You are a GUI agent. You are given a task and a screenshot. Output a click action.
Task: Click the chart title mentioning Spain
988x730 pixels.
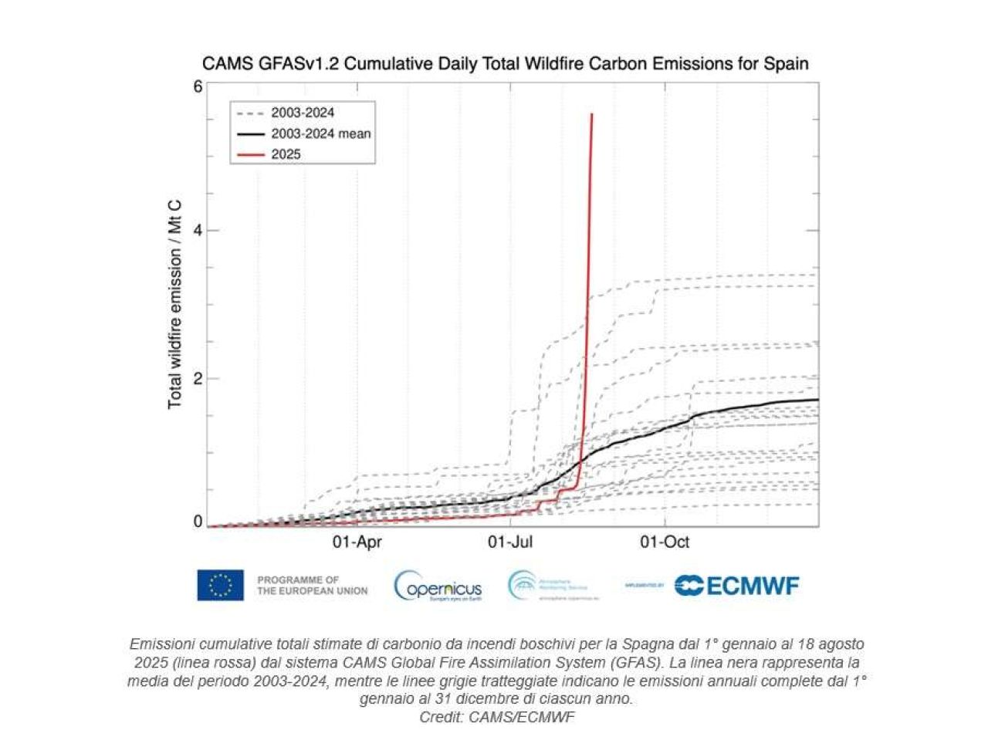pyautogui.click(x=505, y=63)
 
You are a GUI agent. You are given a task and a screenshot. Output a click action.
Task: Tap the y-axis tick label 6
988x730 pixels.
pyautogui.click(x=198, y=86)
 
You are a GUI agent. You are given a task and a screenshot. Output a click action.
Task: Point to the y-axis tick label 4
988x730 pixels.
pyautogui.click(x=198, y=230)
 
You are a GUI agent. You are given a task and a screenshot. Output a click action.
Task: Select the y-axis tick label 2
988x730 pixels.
pyautogui.click(x=198, y=378)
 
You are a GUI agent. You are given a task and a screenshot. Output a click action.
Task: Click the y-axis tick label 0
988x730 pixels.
pyautogui.click(x=198, y=522)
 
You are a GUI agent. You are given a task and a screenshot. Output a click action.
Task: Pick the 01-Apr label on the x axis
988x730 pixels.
pyautogui.click(x=357, y=542)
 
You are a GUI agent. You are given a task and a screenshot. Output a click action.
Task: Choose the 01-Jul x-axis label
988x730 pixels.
pyautogui.click(x=510, y=542)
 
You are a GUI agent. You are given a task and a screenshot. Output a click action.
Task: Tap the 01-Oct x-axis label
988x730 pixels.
pyautogui.click(x=665, y=542)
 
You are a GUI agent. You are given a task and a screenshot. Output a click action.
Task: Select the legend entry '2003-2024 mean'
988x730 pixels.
pyautogui.click(x=321, y=133)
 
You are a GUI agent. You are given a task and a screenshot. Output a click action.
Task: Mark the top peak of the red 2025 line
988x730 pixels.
pyautogui.click(x=591, y=114)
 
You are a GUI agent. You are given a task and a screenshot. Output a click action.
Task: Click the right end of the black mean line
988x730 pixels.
pyautogui.click(x=817, y=400)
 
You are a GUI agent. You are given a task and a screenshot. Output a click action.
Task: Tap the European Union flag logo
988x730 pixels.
pyautogui.click(x=220, y=585)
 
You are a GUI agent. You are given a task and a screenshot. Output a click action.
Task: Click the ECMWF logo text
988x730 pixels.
pyautogui.click(x=737, y=586)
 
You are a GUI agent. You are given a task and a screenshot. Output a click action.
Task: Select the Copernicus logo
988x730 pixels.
pyautogui.click(x=438, y=587)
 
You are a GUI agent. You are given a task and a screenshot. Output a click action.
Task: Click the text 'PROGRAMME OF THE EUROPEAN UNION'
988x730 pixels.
pyautogui.click(x=312, y=585)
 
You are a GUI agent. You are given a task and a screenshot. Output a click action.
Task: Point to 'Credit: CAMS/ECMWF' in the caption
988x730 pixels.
pyautogui.click(x=498, y=717)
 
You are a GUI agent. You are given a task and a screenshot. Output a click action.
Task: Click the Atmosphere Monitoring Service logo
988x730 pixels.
pyautogui.click(x=547, y=586)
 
